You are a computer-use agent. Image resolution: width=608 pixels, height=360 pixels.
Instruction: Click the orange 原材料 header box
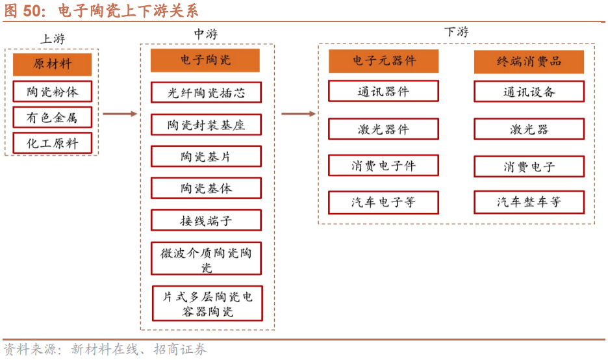(52, 64)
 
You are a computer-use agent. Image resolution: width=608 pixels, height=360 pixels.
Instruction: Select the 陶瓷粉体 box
(52, 91)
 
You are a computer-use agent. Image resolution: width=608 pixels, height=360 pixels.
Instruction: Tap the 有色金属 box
(52, 117)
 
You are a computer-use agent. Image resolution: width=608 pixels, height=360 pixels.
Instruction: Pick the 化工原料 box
(52, 143)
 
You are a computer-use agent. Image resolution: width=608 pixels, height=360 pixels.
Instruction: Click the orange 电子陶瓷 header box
(205, 60)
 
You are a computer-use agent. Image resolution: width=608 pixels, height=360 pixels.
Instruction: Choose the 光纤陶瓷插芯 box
(206, 92)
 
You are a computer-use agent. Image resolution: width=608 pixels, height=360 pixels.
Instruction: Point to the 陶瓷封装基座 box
(206, 124)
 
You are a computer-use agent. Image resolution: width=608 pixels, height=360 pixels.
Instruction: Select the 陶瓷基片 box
(206, 156)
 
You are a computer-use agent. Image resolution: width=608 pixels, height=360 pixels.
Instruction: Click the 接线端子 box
(206, 220)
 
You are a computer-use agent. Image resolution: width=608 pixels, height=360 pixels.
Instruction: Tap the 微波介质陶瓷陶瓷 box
(206, 259)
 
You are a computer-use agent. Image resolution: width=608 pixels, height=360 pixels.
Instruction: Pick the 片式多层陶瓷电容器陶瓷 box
(207, 303)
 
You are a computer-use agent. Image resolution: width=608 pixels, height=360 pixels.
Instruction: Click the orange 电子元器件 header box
(383, 61)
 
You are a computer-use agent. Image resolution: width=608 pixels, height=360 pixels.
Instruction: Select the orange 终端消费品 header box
(529, 62)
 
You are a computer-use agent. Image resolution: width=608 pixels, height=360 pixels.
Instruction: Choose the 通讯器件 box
(383, 92)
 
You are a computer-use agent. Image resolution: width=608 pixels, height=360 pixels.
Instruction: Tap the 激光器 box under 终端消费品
(529, 129)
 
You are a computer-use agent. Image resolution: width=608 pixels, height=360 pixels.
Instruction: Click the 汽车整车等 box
(529, 202)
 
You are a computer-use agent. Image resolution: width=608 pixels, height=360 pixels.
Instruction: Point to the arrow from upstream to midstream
(120, 114)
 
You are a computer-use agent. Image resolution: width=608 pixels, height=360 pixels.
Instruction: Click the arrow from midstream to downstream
(298, 114)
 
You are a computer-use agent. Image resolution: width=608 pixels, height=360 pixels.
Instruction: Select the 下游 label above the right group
(456, 32)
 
